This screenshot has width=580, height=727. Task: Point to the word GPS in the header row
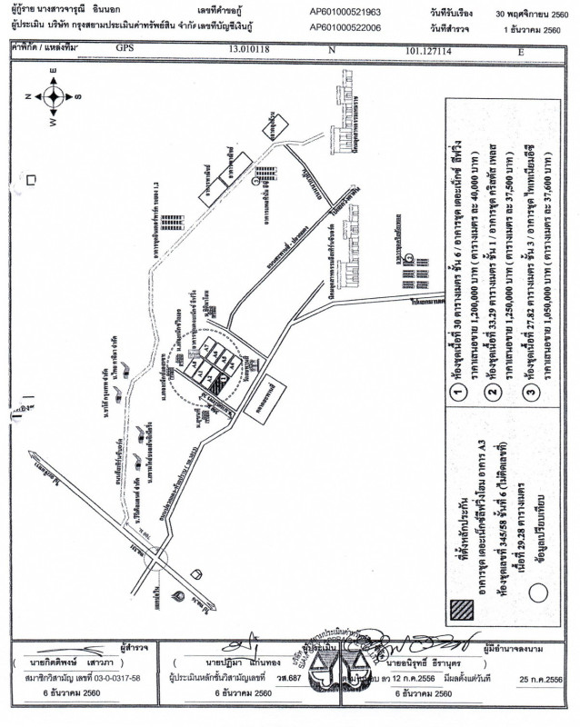point(125,52)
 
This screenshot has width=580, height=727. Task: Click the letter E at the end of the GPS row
point(521,52)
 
